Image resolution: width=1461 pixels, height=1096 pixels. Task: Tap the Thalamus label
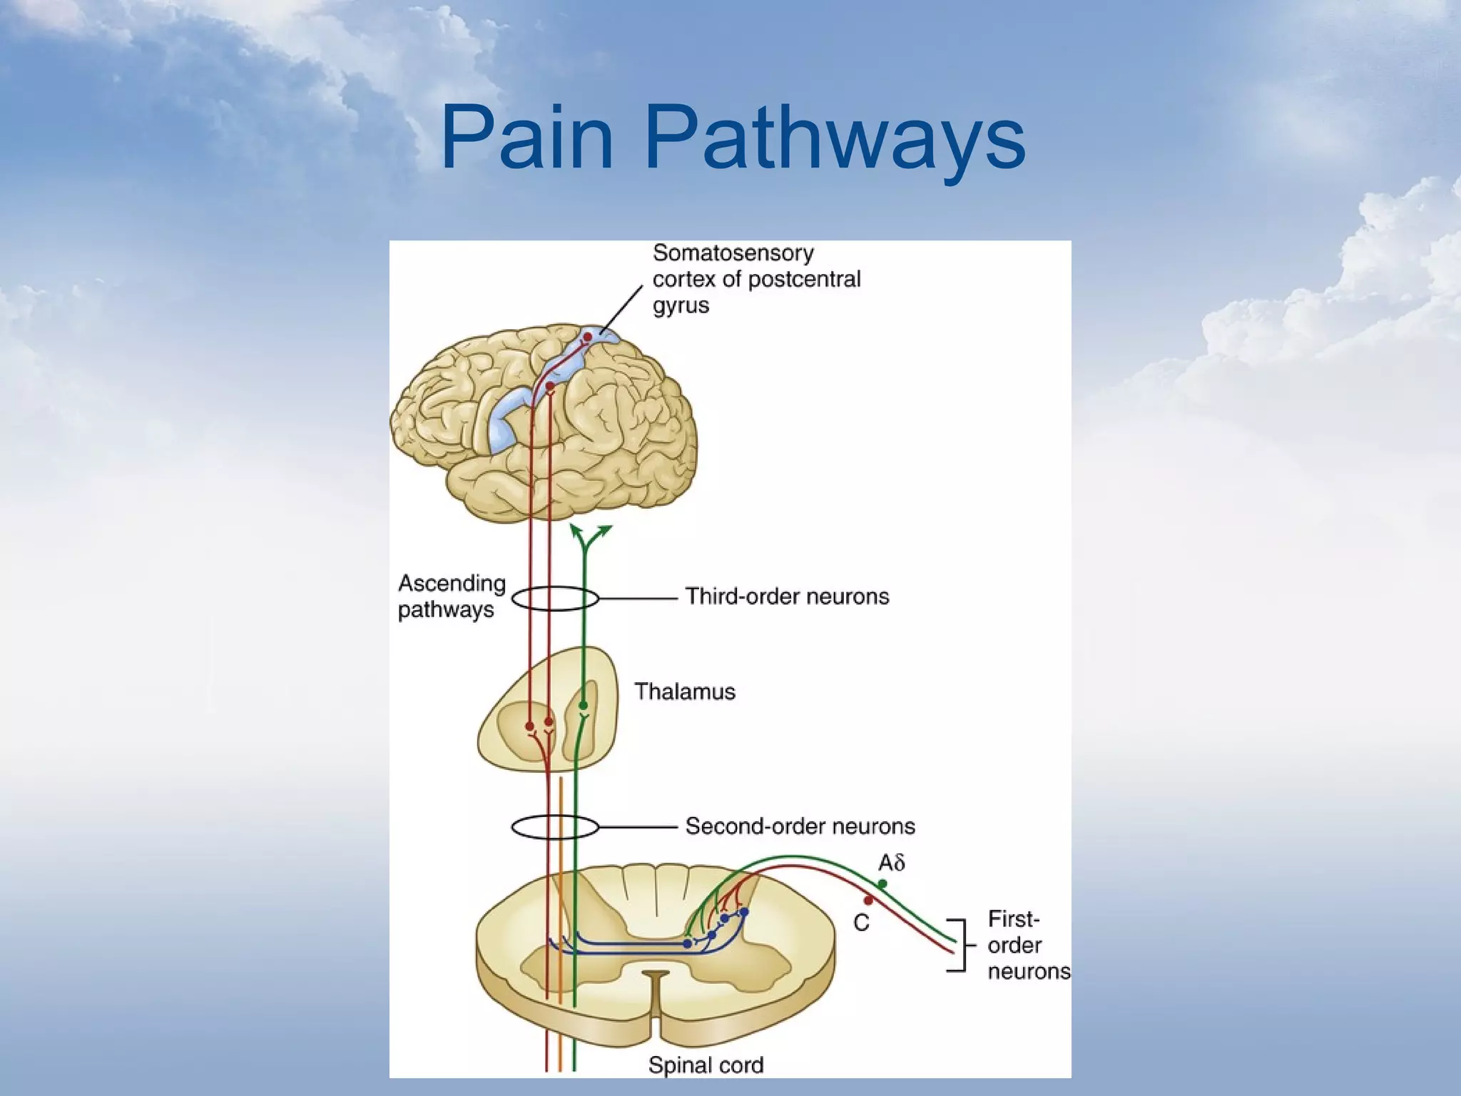pyautogui.click(x=685, y=691)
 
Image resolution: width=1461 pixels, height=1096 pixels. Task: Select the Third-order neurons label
pyautogui.click(x=787, y=597)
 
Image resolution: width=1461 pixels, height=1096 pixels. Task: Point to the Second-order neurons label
pyautogui.click(x=800, y=826)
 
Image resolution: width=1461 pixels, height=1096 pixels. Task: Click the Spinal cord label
pyautogui.click(x=706, y=1065)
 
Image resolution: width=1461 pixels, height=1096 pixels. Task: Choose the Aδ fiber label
pyautogui.click(x=892, y=863)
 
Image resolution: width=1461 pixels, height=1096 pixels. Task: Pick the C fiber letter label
pyautogui.click(x=862, y=923)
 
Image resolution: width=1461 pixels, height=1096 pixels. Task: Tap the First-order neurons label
pyautogui.click(x=1028, y=945)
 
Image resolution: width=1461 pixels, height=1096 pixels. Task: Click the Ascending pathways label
pyautogui.click(x=451, y=597)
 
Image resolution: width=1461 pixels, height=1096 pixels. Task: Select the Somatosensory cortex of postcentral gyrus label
pyautogui.click(x=756, y=279)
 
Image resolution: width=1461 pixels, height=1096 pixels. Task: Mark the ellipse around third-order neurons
pyautogui.click(x=555, y=599)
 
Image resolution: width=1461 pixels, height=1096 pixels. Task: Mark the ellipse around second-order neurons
pyautogui.click(x=555, y=828)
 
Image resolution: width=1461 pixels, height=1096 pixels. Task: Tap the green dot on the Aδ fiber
pyautogui.click(x=882, y=884)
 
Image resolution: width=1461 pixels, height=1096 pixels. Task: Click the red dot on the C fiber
pyautogui.click(x=868, y=900)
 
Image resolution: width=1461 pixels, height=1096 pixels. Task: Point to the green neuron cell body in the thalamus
pyautogui.click(x=584, y=706)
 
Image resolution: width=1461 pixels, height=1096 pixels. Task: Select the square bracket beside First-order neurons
pyautogui.click(x=959, y=945)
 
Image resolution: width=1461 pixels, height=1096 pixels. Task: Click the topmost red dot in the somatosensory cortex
pyautogui.click(x=587, y=337)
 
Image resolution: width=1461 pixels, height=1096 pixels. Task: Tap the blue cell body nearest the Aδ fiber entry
pyautogui.click(x=744, y=912)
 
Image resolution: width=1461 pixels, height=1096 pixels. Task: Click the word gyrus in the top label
pyautogui.click(x=681, y=305)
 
